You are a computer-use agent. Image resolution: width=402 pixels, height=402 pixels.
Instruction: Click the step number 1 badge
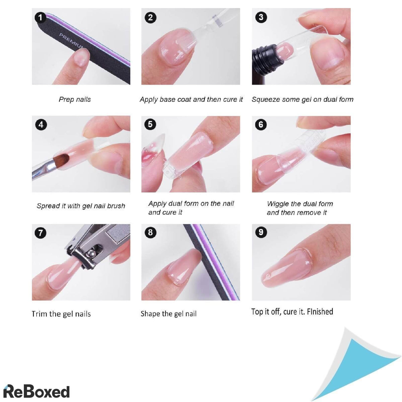pyautogui.click(x=41, y=17)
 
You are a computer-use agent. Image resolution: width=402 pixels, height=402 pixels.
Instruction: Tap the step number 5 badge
pyautogui.click(x=150, y=125)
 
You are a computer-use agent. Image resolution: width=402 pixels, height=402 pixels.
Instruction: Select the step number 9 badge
pyautogui.click(x=261, y=232)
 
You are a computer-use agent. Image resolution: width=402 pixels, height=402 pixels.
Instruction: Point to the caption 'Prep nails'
pyautogui.click(x=75, y=99)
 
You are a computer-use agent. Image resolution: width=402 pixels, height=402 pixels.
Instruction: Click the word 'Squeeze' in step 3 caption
pyautogui.click(x=264, y=99)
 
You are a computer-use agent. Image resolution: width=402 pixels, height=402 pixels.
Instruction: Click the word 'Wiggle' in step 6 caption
pyautogui.click(x=278, y=204)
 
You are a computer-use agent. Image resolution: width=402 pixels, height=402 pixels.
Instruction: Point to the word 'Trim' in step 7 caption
pyautogui.click(x=39, y=314)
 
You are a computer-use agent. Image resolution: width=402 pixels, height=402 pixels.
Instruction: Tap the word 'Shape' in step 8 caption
pyautogui.click(x=150, y=314)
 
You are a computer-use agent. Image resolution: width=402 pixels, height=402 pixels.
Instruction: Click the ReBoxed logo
pyautogui.click(x=37, y=391)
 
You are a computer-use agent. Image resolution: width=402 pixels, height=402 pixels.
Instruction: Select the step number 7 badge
pyautogui.click(x=41, y=232)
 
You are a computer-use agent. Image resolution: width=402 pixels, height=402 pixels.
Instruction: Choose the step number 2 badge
pyautogui.click(x=150, y=17)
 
